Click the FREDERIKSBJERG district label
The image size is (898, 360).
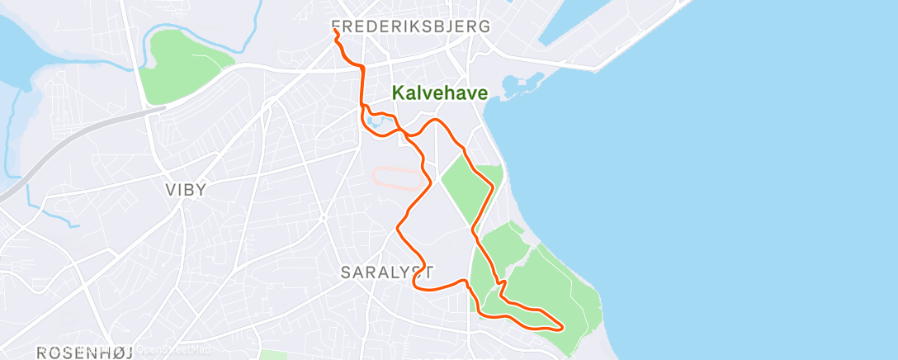[x=410, y=26]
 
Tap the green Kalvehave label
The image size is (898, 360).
[x=439, y=93]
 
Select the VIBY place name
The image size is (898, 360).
[x=186, y=189]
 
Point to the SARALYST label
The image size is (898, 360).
[x=387, y=271]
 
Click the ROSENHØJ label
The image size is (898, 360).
[x=86, y=353]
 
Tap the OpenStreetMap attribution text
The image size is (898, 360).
[x=169, y=348]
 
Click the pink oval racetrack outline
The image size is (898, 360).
[x=399, y=178]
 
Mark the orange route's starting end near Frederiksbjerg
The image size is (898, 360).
[x=335, y=31]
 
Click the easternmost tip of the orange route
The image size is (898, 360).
[x=563, y=327]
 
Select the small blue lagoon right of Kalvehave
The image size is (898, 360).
[x=515, y=85]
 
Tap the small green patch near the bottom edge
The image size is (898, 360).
[x=272, y=355]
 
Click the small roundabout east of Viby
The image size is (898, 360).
[x=324, y=218]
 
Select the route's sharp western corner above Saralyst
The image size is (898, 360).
[x=399, y=225]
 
